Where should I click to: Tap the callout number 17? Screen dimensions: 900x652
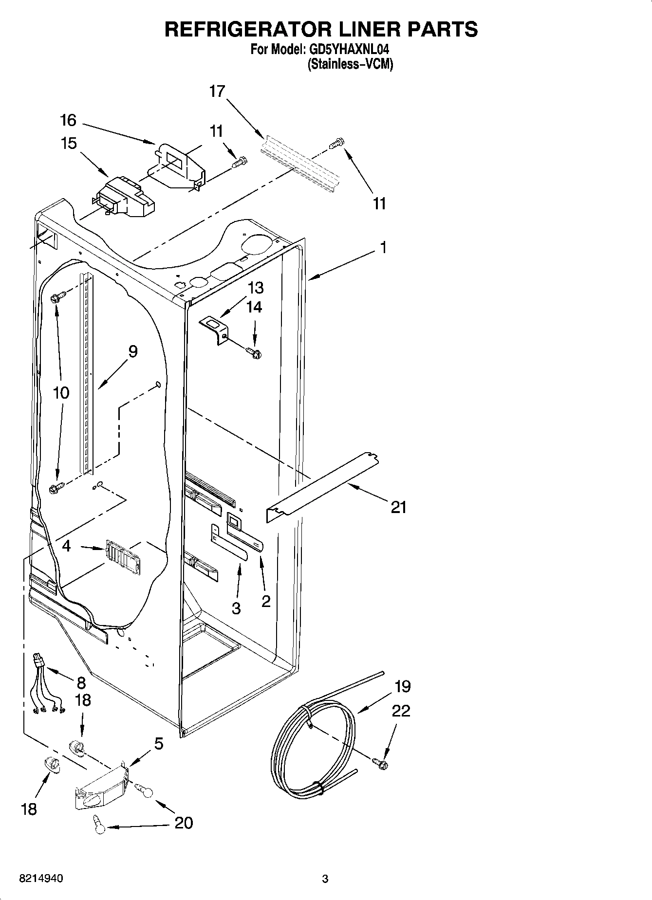(217, 91)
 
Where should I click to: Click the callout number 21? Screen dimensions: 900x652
(398, 507)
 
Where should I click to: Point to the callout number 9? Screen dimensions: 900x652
(132, 351)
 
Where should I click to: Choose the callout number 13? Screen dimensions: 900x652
(255, 288)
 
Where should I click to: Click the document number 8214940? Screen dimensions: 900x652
(41, 879)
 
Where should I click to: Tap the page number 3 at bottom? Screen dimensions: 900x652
(325, 879)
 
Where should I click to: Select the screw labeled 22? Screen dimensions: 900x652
(380, 764)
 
